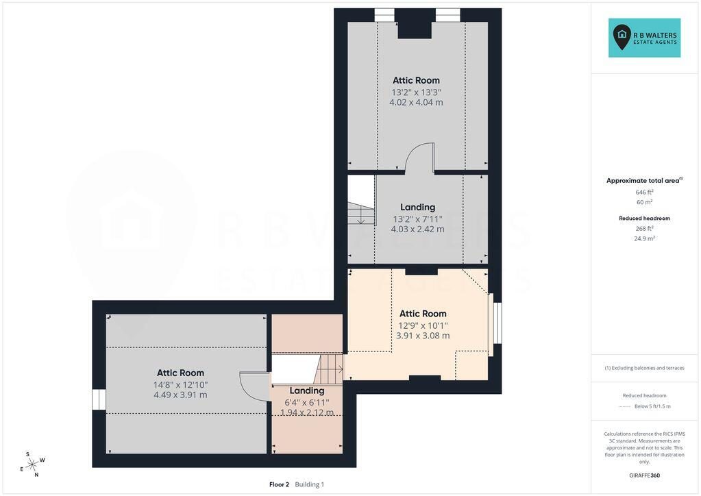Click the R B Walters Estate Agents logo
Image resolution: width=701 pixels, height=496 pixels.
click(644, 38)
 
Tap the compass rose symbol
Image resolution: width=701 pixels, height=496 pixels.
click(33, 464)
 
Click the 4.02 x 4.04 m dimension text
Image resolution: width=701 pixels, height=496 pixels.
click(416, 102)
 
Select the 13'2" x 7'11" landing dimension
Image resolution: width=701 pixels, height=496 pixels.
click(417, 219)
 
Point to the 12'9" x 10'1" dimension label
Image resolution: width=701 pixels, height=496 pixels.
click(423, 325)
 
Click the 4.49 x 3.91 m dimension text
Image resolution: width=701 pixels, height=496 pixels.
click(180, 395)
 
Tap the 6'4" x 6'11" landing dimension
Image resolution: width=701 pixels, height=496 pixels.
click(307, 403)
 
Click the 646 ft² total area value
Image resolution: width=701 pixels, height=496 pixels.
click(644, 192)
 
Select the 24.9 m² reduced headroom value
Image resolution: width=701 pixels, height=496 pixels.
click(644, 238)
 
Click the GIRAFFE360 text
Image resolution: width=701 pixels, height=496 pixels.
click(644, 475)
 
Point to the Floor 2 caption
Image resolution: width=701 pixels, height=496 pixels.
click(279, 484)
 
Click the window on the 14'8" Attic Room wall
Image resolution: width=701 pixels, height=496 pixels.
click(99, 399)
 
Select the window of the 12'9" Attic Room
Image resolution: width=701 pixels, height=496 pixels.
click(495, 323)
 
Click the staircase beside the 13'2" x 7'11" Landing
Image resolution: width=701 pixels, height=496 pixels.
click(361, 213)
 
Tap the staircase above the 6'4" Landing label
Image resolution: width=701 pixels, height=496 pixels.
click(329, 369)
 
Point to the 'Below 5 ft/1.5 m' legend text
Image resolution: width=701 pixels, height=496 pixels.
click(652, 407)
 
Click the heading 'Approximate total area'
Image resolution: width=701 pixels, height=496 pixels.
click(643, 181)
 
